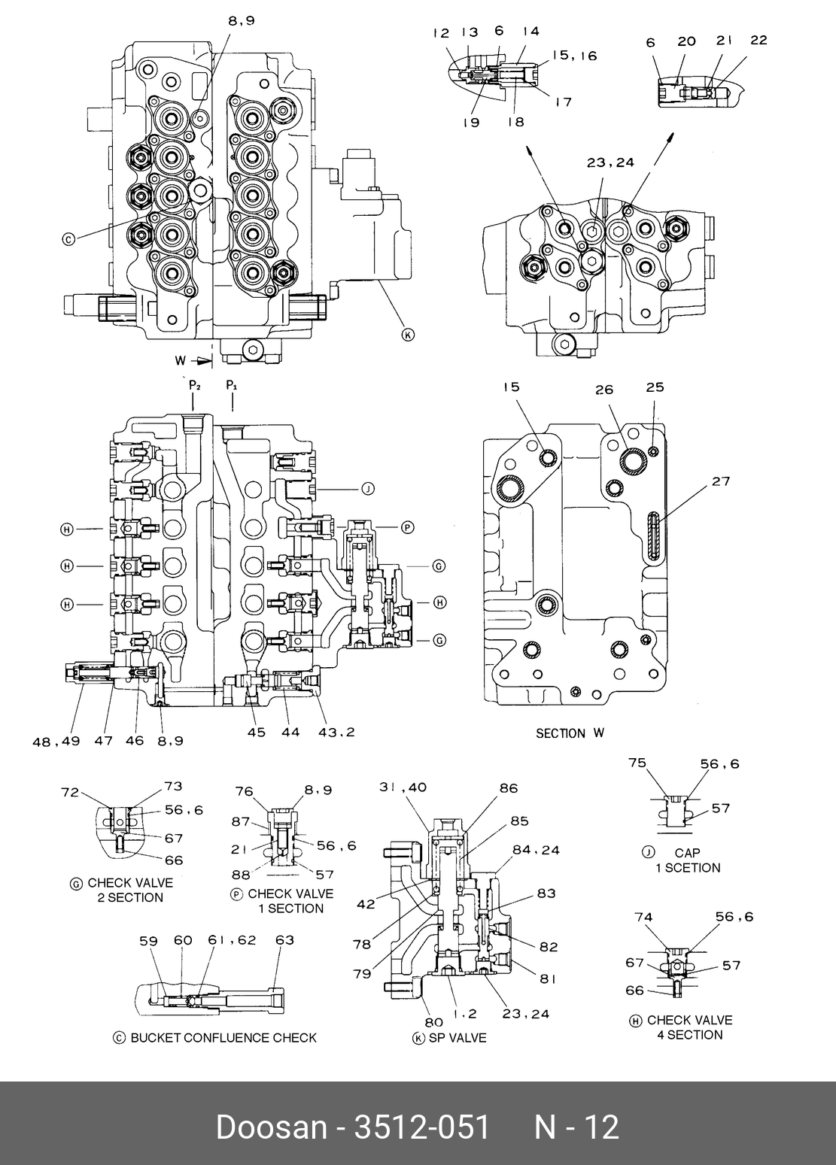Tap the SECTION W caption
point(570,733)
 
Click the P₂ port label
point(195,385)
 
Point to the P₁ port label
point(232,385)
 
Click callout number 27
point(721,481)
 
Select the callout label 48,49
point(56,741)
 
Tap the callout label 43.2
point(336,732)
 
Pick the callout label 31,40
point(403,787)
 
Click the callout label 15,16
point(574,56)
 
